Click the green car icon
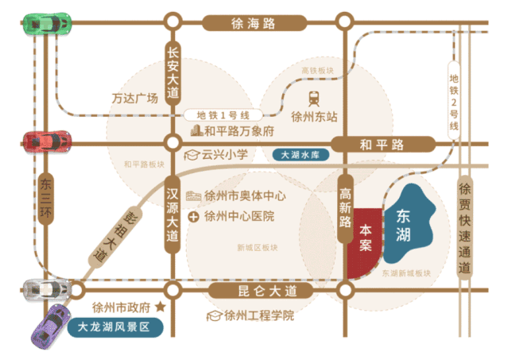[48, 23]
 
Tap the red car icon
[47, 141]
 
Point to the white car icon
[47, 289]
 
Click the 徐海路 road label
[254, 23]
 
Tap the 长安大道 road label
[173, 73]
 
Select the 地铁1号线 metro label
[223, 115]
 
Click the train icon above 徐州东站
[313, 99]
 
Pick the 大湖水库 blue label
[301, 155]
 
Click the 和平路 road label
[383, 145]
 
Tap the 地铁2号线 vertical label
[454, 100]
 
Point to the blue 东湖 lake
[409, 223]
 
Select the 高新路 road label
[345, 209]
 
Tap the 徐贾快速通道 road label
[464, 227]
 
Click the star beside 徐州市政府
[161, 306]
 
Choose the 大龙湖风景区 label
[115, 327]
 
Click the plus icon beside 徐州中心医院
[193, 217]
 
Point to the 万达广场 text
[135, 98]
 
